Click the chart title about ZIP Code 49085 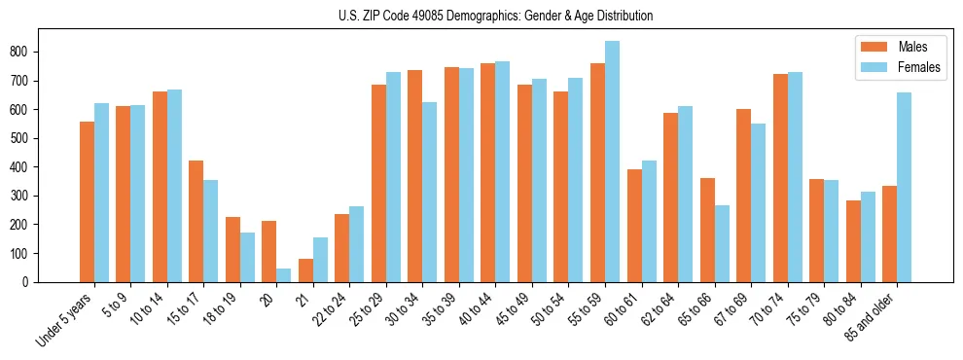coord(481,16)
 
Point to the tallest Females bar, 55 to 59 coord(613,162)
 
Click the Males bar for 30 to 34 coord(415,176)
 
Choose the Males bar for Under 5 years coord(88,201)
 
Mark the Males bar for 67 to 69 coord(744,196)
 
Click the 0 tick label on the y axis coord(32,282)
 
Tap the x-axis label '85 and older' coord(879,313)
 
